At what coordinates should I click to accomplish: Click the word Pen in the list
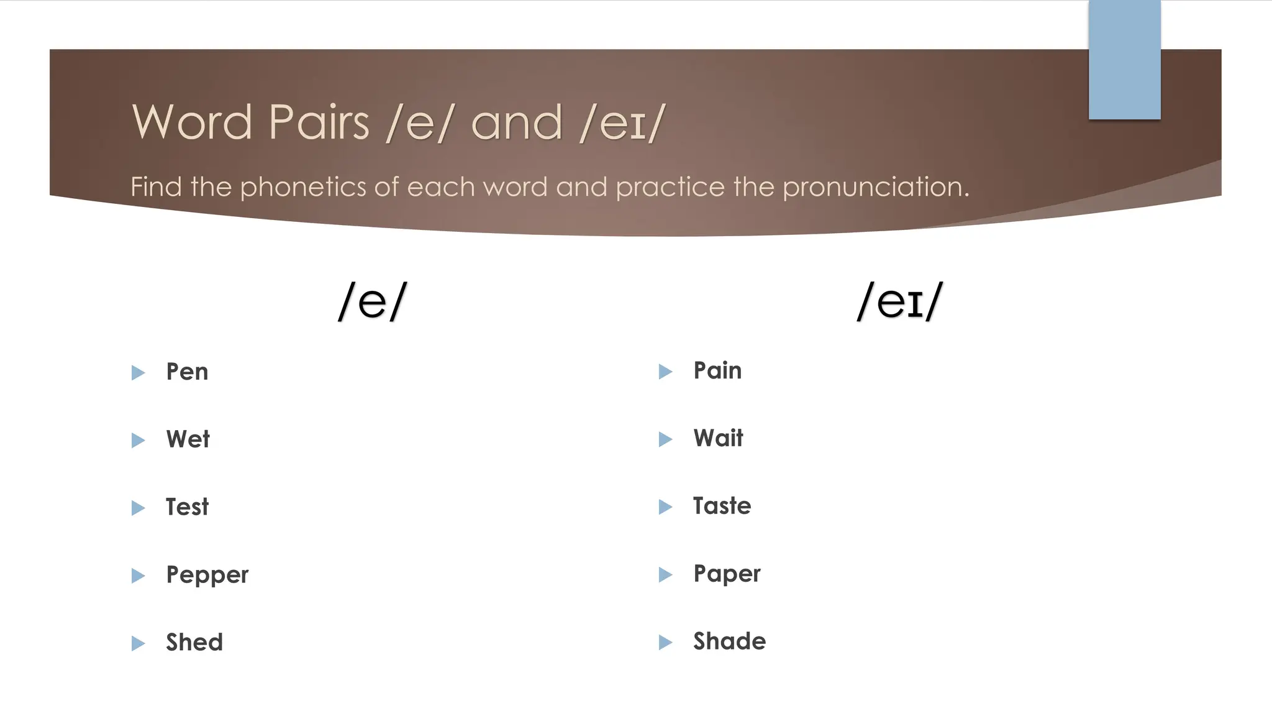point(187,372)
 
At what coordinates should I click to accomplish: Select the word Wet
point(188,439)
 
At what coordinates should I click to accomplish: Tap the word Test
point(187,507)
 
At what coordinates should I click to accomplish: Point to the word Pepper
point(207,575)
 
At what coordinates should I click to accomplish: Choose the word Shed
point(194,643)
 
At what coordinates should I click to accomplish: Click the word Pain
point(717,370)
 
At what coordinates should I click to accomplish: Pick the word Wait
point(718,438)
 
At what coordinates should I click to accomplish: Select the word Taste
point(722,506)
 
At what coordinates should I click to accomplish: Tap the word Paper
point(727,574)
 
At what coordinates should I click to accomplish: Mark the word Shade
point(729,641)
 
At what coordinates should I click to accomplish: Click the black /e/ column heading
point(372,301)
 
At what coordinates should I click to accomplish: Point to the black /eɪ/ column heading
point(899,301)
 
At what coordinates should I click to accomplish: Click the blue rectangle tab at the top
point(1124,60)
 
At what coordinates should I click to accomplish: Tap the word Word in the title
point(192,122)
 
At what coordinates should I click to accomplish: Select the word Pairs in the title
point(319,122)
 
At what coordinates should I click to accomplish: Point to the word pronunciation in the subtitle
point(876,187)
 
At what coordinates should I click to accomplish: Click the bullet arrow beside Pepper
point(138,576)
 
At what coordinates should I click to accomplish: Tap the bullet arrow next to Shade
point(665,642)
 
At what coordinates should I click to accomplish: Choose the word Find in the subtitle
point(156,186)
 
